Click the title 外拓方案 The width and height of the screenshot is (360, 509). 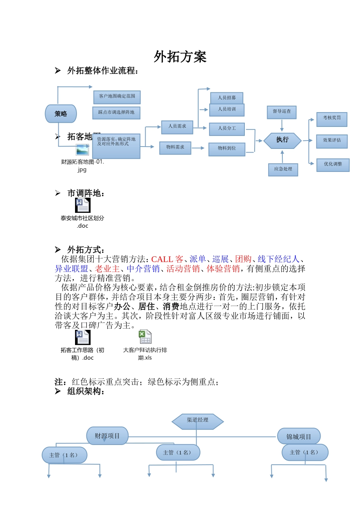pos(180,57)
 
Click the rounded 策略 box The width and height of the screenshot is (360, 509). pos(61,114)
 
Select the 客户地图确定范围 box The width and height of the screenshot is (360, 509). pos(117,97)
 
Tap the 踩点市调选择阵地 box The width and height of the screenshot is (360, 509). pos(116,113)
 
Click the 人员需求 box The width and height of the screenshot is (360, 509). pos(177,126)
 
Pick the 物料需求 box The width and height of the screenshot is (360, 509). pos(175,147)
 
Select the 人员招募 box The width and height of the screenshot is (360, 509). pos(227,98)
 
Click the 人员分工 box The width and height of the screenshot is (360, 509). pos(227,129)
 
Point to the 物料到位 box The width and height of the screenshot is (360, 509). pos(227,149)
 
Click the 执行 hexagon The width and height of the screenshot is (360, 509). pos(282,140)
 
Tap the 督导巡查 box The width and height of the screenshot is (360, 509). pos(282,112)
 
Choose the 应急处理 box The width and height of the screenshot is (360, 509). pos(283,169)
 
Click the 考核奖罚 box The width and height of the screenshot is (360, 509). pos(332,119)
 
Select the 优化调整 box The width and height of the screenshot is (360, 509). pos(333,164)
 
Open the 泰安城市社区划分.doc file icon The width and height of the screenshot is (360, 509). pos(82,206)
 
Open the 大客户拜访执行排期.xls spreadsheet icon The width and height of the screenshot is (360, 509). pos(145,337)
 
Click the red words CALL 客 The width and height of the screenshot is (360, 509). pos(167,259)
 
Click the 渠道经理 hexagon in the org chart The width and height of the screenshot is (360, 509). pos(197,420)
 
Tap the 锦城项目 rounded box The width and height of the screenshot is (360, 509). pos(299,437)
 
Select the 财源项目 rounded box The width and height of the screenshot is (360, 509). pos(107,436)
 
